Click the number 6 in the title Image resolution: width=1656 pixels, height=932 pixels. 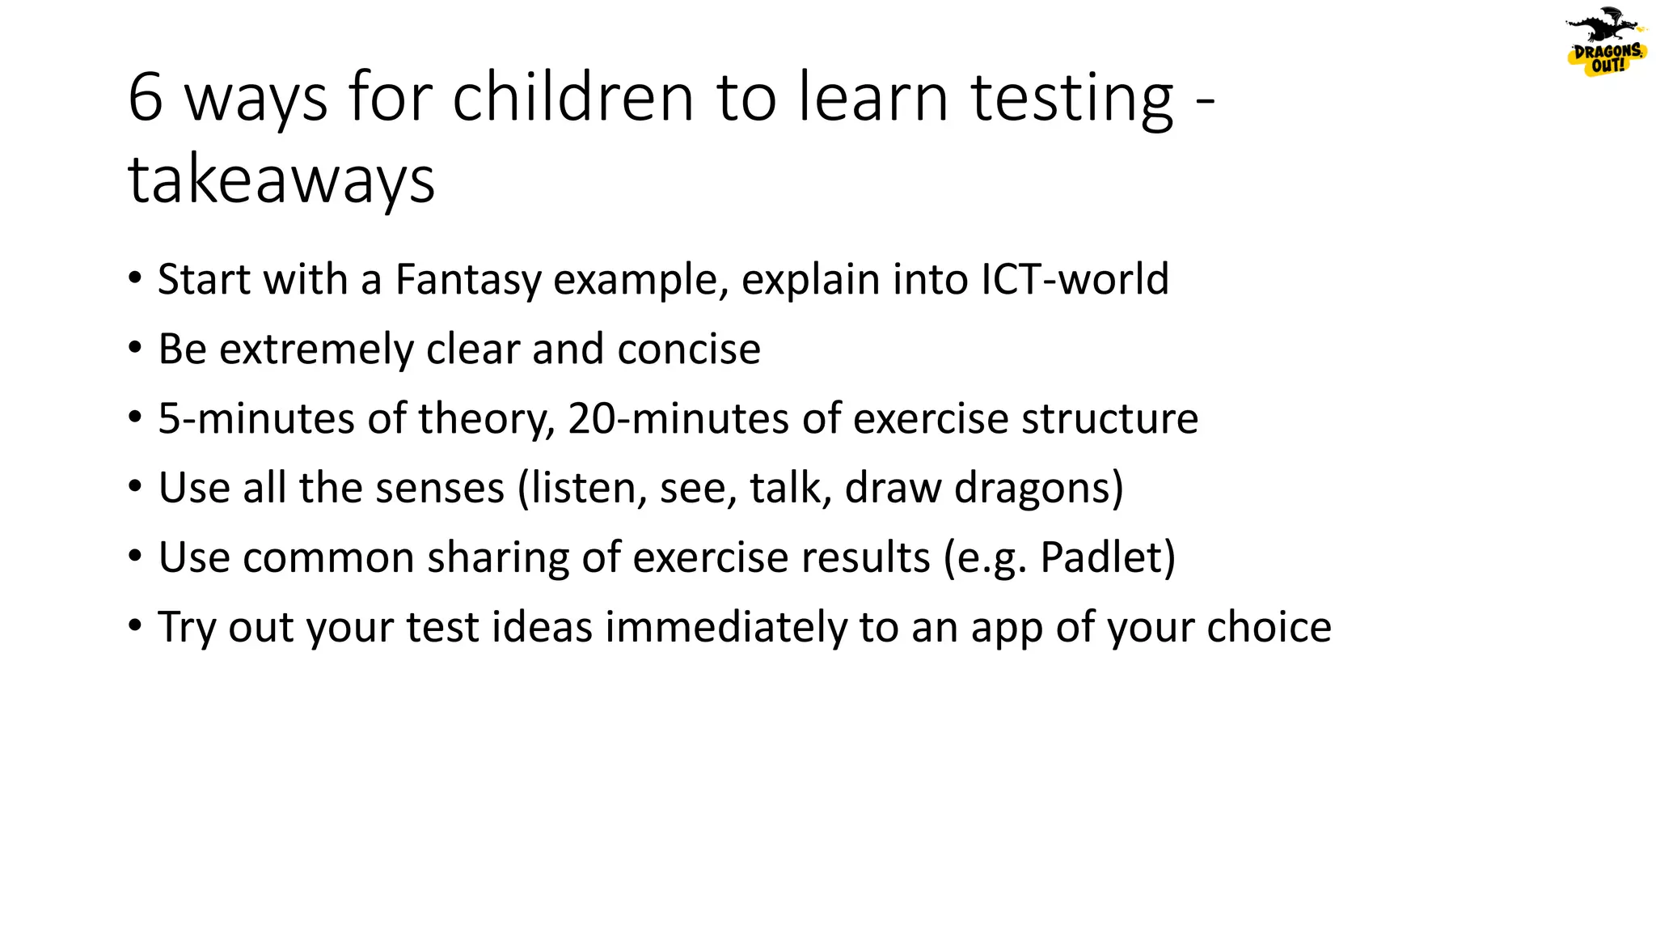[146, 98]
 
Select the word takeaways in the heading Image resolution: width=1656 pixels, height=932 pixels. [281, 180]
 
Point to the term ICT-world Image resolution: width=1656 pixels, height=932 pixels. [1075, 280]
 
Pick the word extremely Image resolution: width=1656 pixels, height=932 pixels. [317, 349]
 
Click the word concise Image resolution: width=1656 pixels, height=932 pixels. [689, 349]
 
